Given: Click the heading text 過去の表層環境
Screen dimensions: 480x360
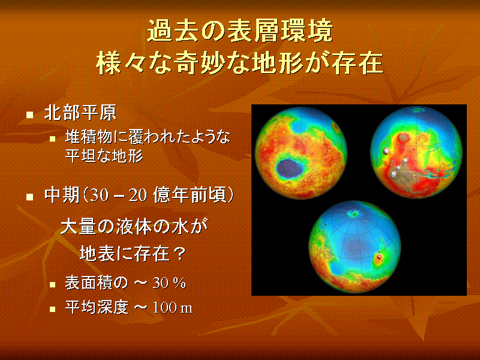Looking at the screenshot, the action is [x=240, y=31].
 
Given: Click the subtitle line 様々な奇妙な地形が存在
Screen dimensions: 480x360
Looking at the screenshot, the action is [x=240, y=64].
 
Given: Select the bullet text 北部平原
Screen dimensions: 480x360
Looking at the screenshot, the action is [x=80, y=113].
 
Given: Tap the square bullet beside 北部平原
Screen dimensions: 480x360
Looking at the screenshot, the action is [x=29, y=115].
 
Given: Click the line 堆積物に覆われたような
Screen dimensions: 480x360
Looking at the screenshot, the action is [x=148, y=137].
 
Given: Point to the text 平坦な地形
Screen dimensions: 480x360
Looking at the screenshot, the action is [x=104, y=156].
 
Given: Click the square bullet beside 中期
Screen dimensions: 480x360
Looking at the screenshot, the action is [x=29, y=197].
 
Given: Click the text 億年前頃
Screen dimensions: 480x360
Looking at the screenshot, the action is [x=190, y=195].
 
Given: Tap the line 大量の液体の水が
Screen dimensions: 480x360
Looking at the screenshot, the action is [x=134, y=227].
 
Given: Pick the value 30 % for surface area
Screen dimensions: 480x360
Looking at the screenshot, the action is [x=169, y=283].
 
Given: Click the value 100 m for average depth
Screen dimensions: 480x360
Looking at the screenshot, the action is [x=173, y=308].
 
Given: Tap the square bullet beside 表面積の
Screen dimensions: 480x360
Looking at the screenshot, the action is [x=53, y=284].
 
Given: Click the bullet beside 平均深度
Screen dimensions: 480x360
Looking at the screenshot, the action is [x=53, y=309].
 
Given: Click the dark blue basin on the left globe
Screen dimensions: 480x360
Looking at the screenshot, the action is [x=289, y=169].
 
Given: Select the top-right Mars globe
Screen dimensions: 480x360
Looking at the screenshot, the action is [x=416, y=152].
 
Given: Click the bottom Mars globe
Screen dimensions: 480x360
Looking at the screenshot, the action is [x=355, y=247].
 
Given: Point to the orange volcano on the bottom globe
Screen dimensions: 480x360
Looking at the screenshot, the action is [x=380, y=259].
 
